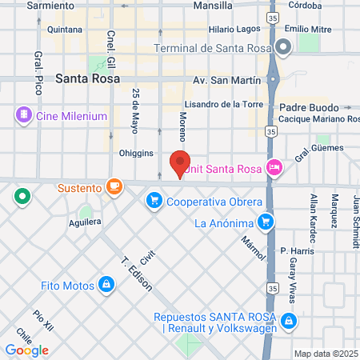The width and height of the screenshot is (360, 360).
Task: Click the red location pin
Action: pos(180,163)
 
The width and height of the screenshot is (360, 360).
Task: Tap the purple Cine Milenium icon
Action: pos(22,116)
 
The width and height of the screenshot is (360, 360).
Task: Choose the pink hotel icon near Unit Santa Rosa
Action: pos(274,167)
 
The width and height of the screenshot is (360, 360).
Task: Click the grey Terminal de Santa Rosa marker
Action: pos(284,48)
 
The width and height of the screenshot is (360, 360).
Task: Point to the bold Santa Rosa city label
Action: pos(88,79)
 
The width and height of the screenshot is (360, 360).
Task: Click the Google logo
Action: pos(27,350)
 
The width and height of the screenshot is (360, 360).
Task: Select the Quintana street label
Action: pos(66,30)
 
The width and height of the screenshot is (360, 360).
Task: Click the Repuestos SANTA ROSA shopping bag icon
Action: pos(289,322)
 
